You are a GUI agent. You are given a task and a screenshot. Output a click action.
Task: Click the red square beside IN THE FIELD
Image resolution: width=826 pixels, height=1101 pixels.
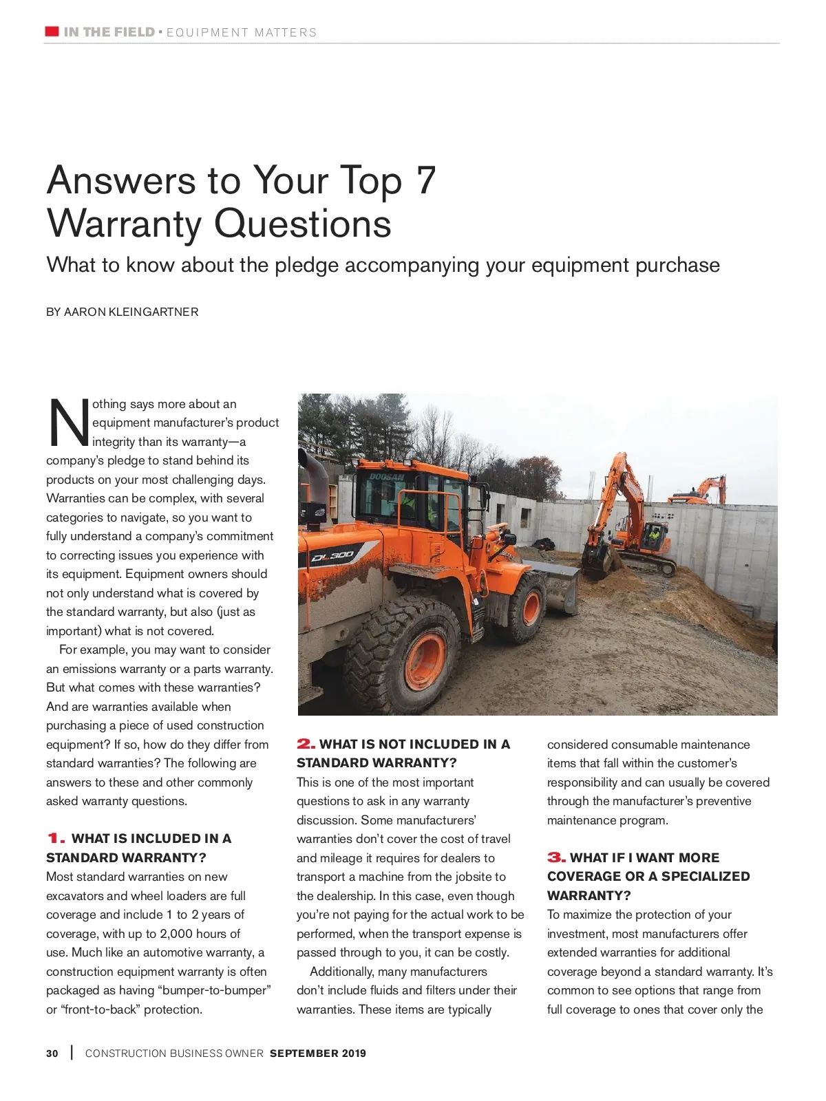point(52,32)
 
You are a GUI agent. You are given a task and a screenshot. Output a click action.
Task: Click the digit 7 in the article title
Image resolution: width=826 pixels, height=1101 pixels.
point(426,180)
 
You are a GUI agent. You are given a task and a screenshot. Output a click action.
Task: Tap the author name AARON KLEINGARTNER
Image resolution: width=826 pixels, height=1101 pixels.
point(131,312)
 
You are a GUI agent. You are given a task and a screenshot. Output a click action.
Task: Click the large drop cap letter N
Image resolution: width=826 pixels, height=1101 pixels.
point(68,423)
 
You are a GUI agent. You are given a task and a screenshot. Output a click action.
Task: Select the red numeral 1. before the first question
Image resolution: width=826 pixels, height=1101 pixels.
point(56,838)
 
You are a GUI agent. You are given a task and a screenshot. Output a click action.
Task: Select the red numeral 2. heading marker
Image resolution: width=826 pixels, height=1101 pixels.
point(306,744)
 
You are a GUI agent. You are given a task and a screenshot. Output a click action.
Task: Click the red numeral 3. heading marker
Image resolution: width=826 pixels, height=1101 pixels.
point(556,857)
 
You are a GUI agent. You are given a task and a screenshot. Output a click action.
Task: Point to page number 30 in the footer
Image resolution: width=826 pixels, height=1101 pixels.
point(52,1053)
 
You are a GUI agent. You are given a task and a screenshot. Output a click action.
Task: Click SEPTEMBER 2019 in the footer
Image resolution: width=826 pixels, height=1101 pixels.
point(318,1053)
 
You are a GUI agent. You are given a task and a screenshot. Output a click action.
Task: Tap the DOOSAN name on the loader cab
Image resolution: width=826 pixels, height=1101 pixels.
point(387,476)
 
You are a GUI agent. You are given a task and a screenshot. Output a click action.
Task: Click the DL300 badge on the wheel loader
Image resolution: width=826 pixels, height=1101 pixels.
point(333,555)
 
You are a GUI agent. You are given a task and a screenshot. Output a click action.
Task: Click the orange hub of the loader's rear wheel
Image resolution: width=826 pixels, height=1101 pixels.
point(425,660)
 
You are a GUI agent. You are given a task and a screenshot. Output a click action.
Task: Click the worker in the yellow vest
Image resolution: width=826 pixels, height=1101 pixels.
point(655,533)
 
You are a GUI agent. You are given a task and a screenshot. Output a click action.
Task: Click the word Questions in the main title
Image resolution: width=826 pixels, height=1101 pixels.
point(302,224)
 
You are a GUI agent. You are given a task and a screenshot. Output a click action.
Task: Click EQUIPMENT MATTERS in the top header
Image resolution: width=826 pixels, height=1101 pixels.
point(242,32)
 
